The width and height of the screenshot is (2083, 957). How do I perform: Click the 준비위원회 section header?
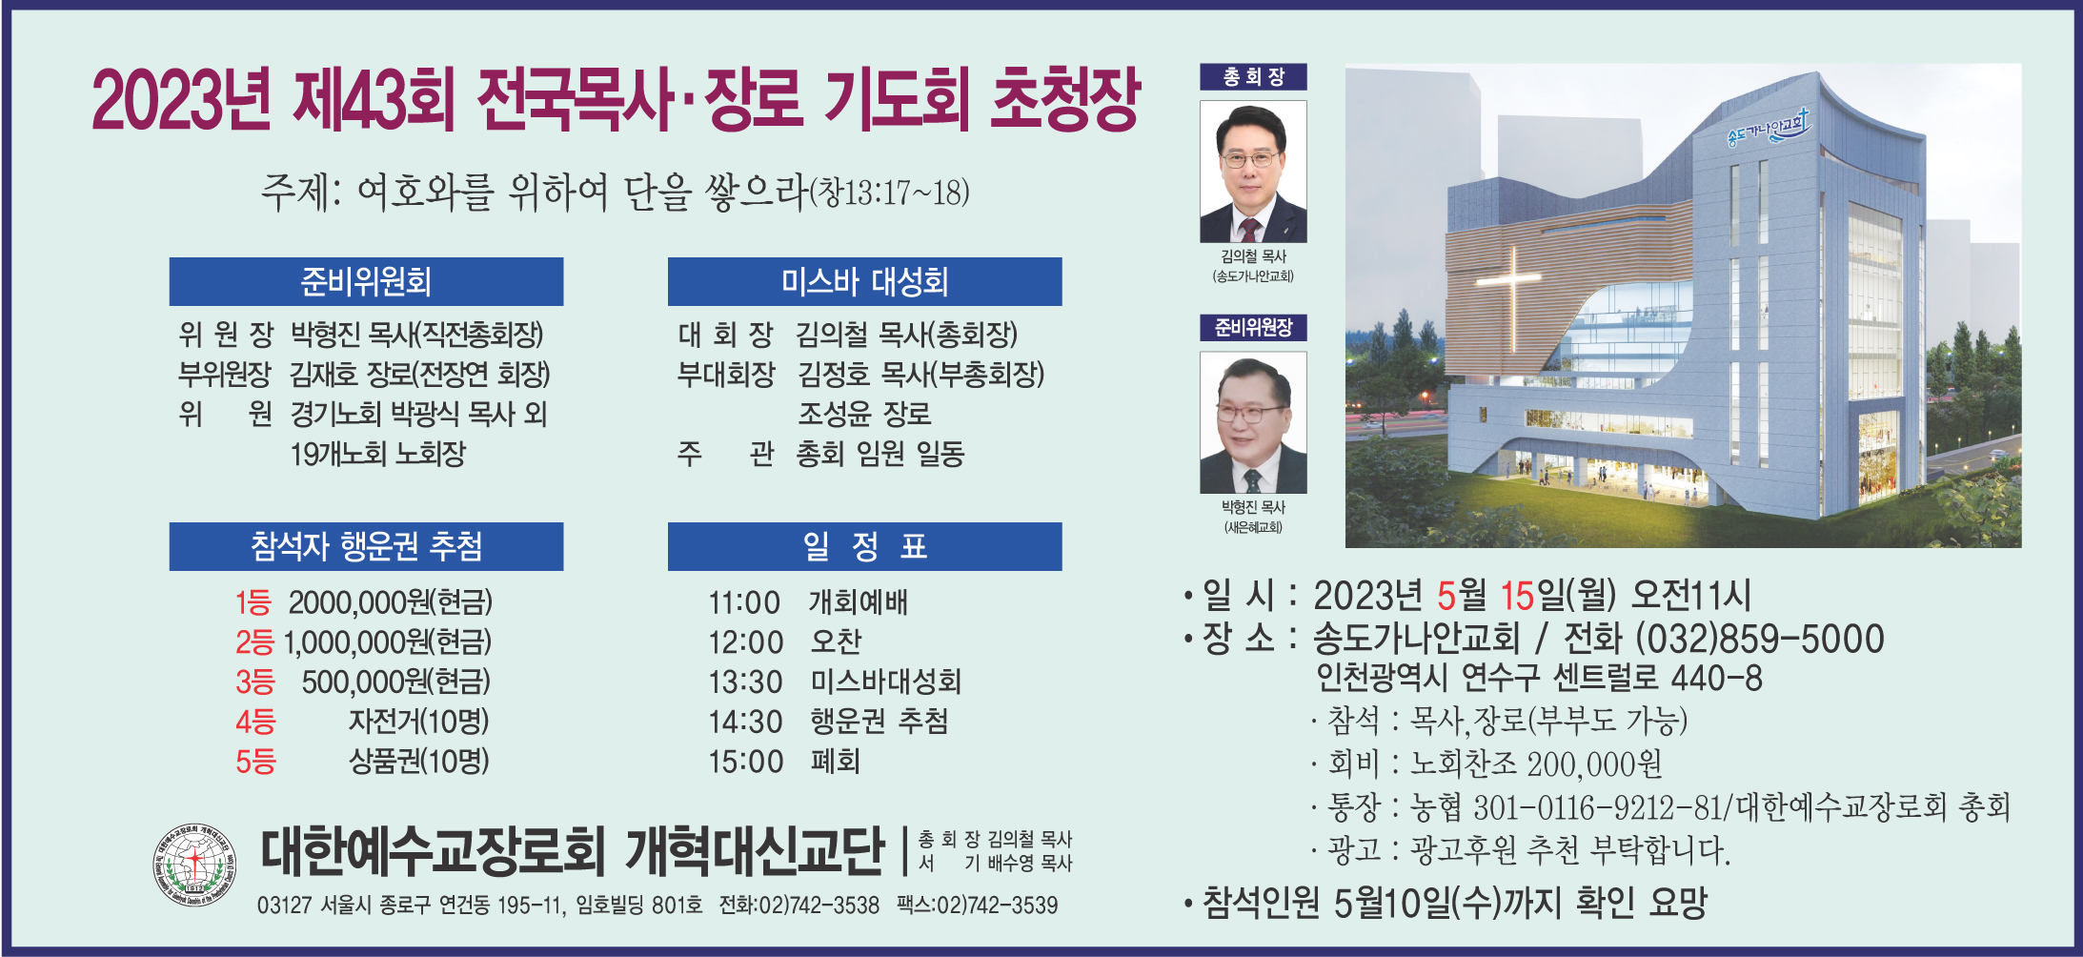(x=366, y=281)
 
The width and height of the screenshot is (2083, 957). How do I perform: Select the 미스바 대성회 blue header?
(x=864, y=281)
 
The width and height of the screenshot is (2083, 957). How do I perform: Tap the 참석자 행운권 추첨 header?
(x=366, y=546)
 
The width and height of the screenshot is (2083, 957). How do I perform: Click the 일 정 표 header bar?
(x=864, y=546)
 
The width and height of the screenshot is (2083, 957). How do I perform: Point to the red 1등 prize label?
(x=253, y=602)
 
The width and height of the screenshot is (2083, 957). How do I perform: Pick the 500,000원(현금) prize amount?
(x=395, y=682)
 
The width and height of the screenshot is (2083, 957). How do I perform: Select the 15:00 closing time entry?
(x=745, y=762)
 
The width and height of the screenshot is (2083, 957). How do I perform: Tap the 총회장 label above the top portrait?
(x=1253, y=76)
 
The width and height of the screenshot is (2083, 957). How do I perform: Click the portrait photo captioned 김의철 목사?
(x=1253, y=172)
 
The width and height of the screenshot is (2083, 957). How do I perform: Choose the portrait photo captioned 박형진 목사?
(x=1253, y=422)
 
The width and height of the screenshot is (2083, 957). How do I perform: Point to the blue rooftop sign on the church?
(x=1769, y=129)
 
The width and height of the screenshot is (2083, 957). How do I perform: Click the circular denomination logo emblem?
(x=194, y=865)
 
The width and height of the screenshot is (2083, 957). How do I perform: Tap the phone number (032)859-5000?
(x=1759, y=639)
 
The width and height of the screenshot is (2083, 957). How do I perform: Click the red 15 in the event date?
(x=1517, y=596)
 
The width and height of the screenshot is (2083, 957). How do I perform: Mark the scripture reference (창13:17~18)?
(x=889, y=193)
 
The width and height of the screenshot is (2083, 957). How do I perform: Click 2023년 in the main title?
(x=181, y=99)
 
